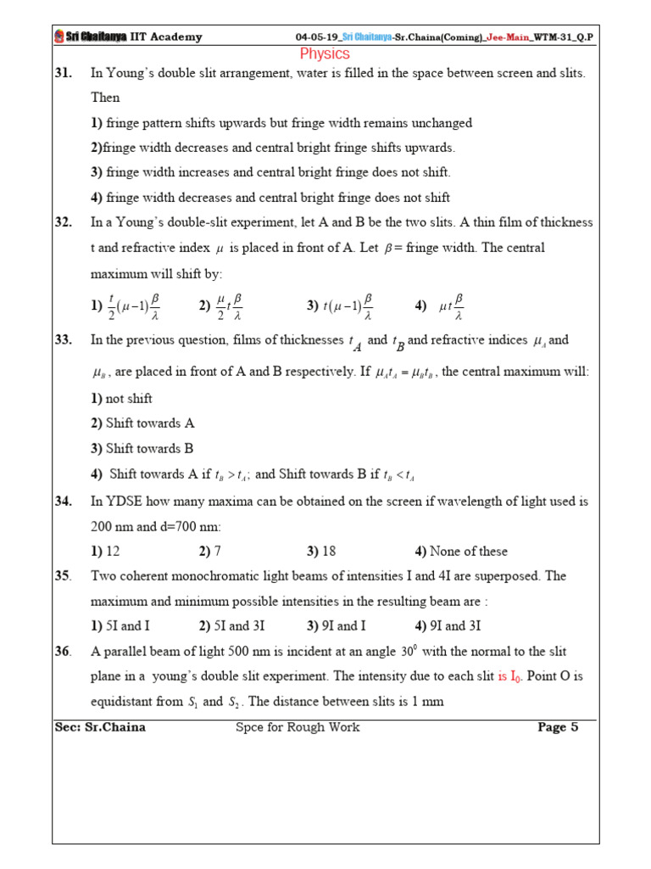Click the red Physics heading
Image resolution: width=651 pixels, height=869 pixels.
pos(325,53)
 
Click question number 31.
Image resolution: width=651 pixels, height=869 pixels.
pos(63,74)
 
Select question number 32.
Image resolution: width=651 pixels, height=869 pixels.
pos(63,222)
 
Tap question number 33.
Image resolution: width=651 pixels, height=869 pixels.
pos(63,340)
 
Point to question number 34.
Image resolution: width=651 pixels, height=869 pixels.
pos(63,502)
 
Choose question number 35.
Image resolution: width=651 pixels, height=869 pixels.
pos(63,576)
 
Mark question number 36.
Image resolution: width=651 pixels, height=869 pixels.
pos(63,652)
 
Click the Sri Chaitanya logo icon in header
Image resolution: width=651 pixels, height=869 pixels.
pos(58,36)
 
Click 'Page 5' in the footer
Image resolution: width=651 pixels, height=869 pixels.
pos(558,727)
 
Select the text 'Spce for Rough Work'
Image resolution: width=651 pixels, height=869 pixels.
pos(298,727)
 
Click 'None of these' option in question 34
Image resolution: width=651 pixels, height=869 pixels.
pos(468,552)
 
